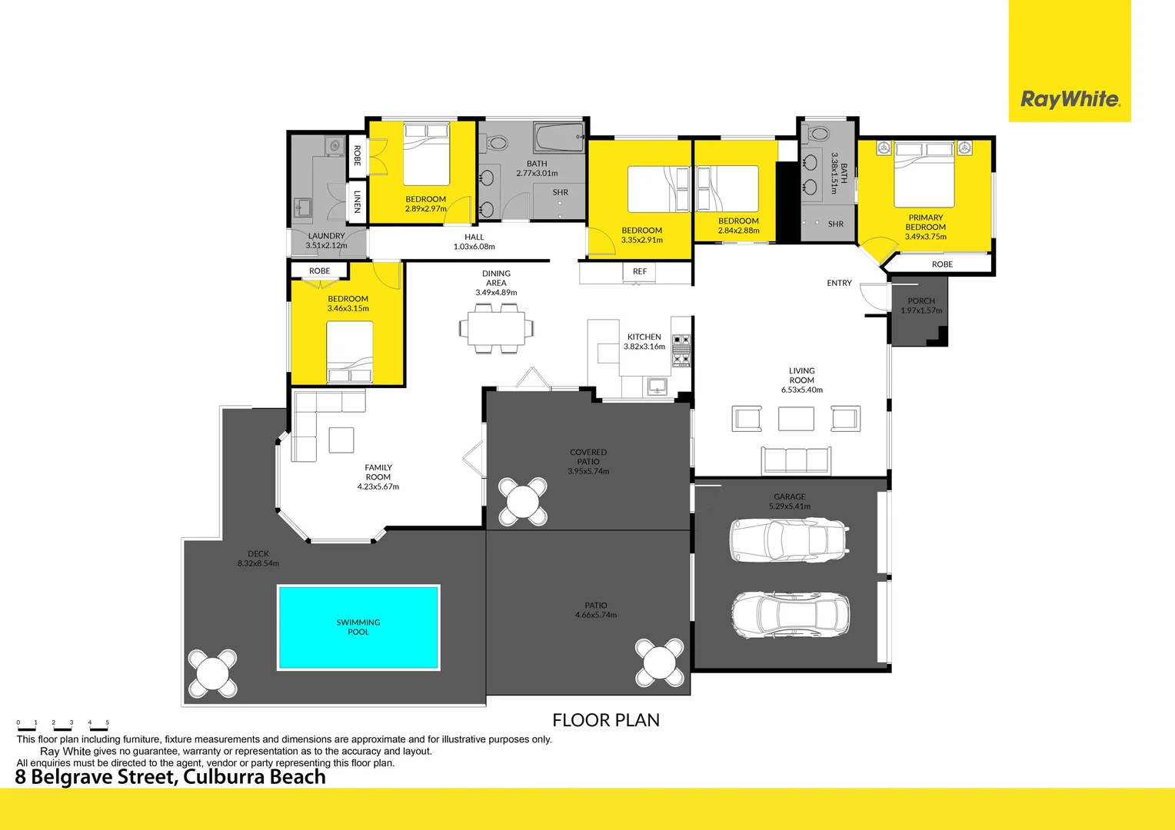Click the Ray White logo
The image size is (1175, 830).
(1070, 99)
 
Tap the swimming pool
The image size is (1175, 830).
(358, 627)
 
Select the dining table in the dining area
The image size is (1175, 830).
(496, 328)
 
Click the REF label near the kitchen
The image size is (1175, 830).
(640, 271)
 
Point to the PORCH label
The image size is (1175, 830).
(921, 301)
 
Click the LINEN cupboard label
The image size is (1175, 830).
(358, 201)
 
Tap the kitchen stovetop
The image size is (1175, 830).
(681, 349)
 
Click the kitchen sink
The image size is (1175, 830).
(657, 385)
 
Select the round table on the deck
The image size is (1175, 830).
(212, 674)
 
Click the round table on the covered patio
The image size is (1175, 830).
(523, 503)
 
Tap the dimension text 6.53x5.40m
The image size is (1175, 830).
(802, 390)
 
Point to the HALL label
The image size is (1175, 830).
(474, 237)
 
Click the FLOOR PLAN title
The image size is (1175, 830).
(606, 720)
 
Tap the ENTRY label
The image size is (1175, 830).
(839, 284)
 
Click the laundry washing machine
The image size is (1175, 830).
(334, 145)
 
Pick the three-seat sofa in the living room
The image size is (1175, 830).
(796, 460)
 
